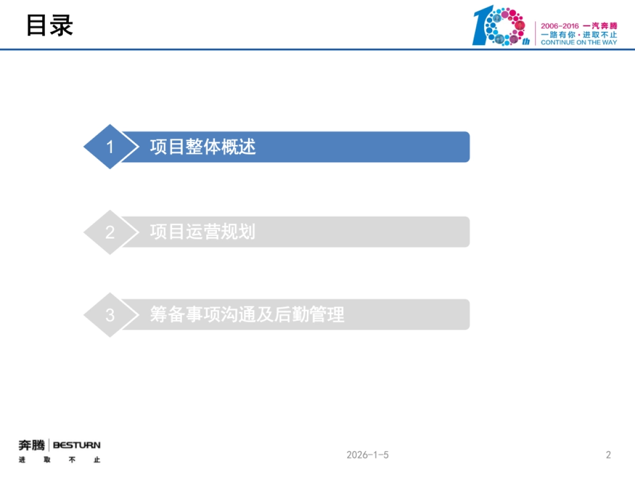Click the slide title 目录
coord(50,25)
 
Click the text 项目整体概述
coord(203,147)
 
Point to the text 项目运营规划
coord(203,232)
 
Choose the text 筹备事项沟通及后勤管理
coord(247,315)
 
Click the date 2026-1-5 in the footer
coord(367,455)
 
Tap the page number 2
coord(609,455)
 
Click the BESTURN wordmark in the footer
coord(77,445)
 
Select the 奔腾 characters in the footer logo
coord(32,445)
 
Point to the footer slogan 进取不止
coord(59,460)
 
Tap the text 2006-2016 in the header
coord(559,26)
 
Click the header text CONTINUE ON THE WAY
coord(578,42)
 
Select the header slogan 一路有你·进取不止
coord(578,34)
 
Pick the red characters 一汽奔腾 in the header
coord(600,26)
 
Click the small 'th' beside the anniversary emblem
coord(525,41)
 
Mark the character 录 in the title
coord(61,25)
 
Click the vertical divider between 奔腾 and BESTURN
coord(49,446)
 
